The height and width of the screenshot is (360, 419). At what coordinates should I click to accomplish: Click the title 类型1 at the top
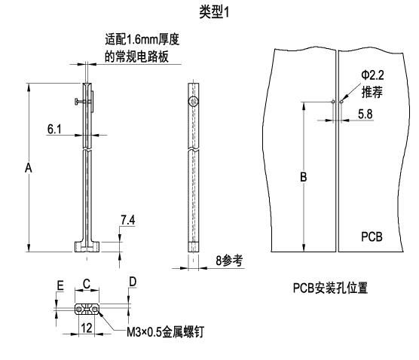pos(214,12)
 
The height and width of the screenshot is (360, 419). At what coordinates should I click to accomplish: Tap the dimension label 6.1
pos(54,130)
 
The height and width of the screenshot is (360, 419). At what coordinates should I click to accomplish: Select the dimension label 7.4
pos(128,221)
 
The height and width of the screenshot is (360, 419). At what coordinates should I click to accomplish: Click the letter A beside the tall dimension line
pos(29,168)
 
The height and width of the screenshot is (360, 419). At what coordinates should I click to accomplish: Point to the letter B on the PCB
pos(304,177)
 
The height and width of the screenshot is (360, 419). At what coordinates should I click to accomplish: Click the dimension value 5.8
pos(365,114)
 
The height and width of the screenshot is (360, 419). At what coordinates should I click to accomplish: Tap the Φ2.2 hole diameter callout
pos(372,75)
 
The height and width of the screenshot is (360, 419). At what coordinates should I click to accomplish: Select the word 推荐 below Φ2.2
pos(372,92)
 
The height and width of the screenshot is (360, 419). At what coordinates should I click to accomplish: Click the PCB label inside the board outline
pos(372,236)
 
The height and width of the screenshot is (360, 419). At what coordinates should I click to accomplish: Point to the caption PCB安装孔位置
pos(330,288)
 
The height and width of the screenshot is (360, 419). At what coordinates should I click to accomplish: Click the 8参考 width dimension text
pos(229,261)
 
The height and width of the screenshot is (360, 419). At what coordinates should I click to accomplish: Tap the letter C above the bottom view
pos(87,284)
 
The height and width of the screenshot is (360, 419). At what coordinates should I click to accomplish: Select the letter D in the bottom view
pos(133,282)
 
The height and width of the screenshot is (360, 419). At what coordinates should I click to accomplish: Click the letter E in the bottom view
pos(60,285)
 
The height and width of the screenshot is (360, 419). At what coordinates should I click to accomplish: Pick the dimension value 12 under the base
pos(87,328)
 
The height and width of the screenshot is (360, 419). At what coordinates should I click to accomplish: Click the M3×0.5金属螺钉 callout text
pos(165,332)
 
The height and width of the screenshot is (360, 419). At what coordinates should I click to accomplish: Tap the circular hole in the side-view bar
pos(194,101)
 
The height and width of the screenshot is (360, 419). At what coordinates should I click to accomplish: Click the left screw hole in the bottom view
pos(79,310)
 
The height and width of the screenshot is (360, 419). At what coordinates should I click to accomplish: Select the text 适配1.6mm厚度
pos(142,39)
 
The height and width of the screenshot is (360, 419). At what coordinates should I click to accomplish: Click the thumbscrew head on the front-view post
pos(76,102)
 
